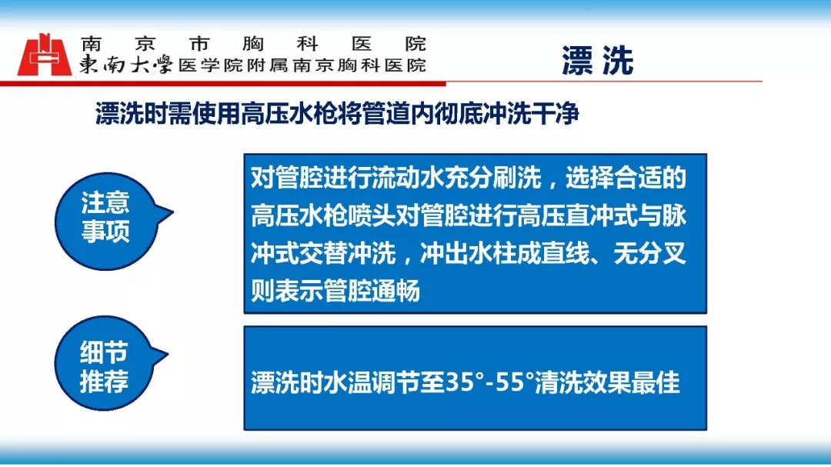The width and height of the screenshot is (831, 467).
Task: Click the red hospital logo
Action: pyautogui.click(x=45, y=55)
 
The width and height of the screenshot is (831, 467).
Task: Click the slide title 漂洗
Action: pyautogui.click(x=597, y=61)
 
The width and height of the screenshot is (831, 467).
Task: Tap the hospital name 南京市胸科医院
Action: pyautogui.click(x=253, y=43)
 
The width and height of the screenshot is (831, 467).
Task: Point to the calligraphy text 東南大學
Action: pyautogui.click(x=126, y=65)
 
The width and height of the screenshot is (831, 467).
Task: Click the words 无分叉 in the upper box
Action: pyautogui.click(x=649, y=253)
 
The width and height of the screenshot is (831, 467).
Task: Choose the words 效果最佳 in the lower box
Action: pyautogui.click(x=631, y=382)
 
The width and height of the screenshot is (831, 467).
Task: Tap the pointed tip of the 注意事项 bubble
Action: pyautogui.click(x=173, y=212)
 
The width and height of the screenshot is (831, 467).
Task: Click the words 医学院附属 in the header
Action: pyautogui.click(x=234, y=65)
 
